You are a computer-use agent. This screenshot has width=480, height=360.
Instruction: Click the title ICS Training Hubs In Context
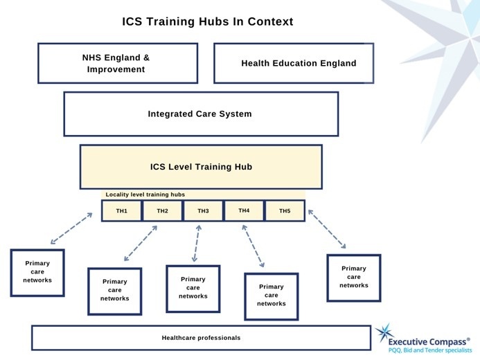click(208, 21)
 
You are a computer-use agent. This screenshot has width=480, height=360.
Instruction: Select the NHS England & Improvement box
click(118, 63)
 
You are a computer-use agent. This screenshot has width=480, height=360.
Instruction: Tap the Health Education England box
click(299, 63)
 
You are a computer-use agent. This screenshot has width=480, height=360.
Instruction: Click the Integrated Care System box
click(201, 114)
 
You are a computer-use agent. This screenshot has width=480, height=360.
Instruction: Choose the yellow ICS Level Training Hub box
click(201, 167)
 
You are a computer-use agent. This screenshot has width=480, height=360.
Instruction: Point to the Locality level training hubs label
click(145, 195)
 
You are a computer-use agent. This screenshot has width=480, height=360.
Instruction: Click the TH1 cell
click(121, 210)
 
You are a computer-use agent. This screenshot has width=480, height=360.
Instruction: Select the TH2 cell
click(162, 210)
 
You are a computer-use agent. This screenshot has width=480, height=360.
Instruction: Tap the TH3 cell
click(203, 210)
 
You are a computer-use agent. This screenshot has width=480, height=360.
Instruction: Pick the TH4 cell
click(244, 210)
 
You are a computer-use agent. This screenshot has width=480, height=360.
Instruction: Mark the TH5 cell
click(285, 210)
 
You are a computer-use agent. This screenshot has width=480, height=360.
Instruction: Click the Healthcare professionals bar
click(201, 338)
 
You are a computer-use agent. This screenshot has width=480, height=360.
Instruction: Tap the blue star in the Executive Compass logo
click(386, 334)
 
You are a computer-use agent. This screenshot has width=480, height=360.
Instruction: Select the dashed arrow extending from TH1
click(71, 228)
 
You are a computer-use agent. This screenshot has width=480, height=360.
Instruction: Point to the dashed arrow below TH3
click(197, 243)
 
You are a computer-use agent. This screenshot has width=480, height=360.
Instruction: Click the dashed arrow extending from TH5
click(326, 230)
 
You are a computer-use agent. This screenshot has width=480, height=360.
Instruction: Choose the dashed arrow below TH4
click(253, 246)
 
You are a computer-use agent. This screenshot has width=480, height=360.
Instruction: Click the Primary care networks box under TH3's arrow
click(193, 288)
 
